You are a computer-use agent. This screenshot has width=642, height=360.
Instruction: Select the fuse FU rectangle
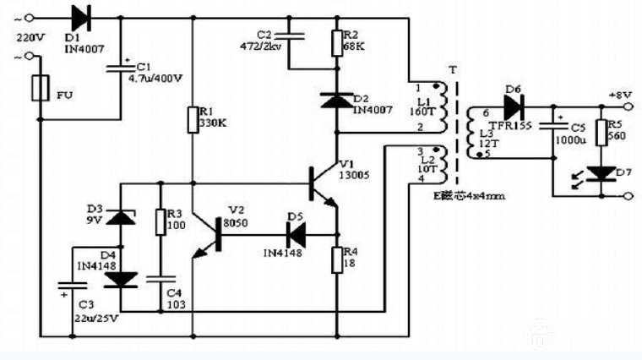[x=39, y=88]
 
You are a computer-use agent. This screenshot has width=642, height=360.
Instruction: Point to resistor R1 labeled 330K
[x=193, y=120]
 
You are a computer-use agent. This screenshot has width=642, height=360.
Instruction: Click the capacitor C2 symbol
[x=290, y=36]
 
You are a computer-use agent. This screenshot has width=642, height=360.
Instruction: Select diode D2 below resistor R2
[x=336, y=101]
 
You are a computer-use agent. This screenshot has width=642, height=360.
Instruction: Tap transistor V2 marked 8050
[x=209, y=238]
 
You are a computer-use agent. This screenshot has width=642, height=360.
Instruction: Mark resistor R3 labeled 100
[x=160, y=222]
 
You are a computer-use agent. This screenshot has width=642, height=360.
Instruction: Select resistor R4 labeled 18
[x=336, y=259]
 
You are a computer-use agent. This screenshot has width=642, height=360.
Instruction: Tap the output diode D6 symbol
[x=513, y=106]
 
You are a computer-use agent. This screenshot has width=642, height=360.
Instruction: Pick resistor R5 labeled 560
[x=601, y=132]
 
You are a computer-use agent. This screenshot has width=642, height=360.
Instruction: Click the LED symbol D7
[x=601, y=174]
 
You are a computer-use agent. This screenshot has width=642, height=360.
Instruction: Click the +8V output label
[x=619, y=95]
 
